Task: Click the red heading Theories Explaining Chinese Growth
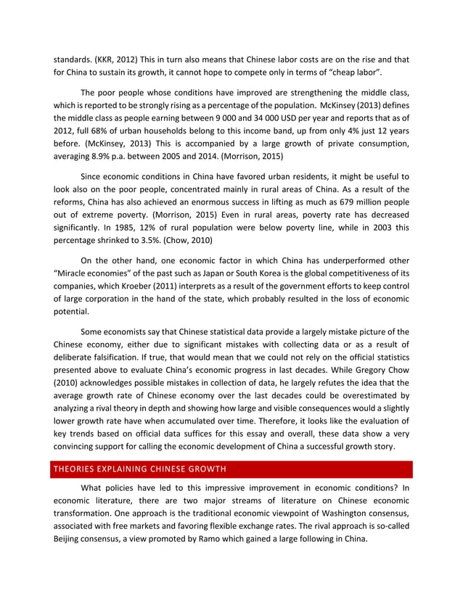click(141, 468)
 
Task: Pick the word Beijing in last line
click(69, 540)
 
